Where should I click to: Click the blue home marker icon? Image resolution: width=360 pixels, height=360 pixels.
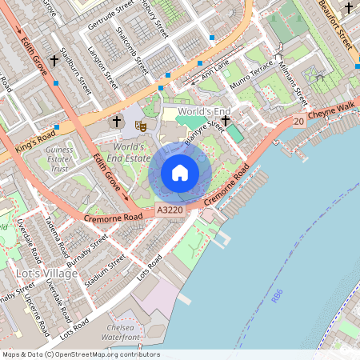pyautogui.click(x=180, y=173)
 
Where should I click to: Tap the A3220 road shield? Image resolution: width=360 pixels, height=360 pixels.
pyautogui.click(x=169, y=210)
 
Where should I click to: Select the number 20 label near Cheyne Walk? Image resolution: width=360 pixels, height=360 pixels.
pyautogui.click(x=298, y=121)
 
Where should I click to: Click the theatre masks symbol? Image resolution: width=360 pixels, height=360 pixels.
pyautogui.click(x=140, y=124)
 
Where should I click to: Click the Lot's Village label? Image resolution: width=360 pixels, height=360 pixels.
pyautogui.click(x=47, y=274)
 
